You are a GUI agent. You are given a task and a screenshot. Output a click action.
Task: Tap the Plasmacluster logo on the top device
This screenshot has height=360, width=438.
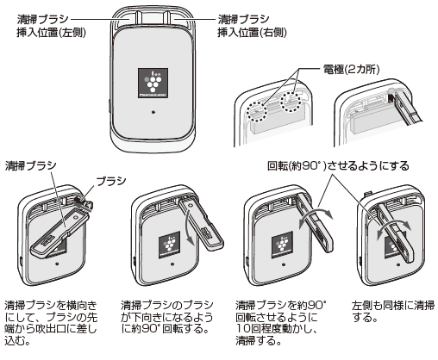[153, 79]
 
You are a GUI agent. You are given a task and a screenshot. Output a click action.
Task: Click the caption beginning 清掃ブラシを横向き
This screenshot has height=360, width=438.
[53, 323]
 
